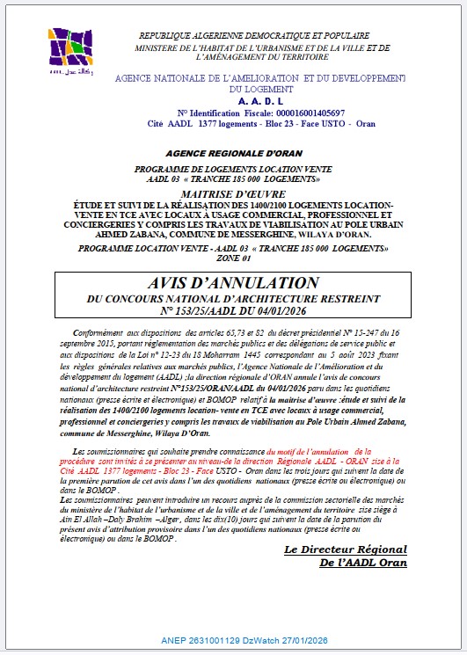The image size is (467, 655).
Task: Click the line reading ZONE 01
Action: coord(233,258)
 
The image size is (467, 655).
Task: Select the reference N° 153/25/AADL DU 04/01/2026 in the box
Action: coord(233,311)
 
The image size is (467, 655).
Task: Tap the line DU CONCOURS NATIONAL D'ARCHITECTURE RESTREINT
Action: coord(233,299)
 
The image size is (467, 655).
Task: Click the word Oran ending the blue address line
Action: coord(365,124)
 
